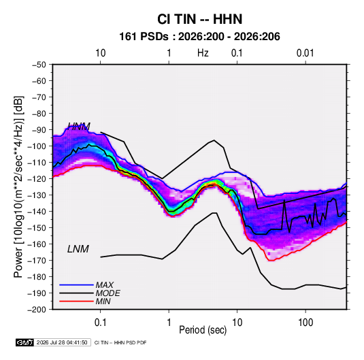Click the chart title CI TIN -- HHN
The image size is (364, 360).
[199, 19]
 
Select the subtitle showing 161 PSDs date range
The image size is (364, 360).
[199, 37]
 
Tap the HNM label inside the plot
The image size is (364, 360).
[79, 127]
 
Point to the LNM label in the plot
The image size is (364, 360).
[78, 249]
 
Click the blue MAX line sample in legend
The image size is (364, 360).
[76, 285]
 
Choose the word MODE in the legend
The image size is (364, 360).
[108, 293]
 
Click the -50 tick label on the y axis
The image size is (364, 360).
[39, 65]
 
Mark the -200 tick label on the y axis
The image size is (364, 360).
[37, 310]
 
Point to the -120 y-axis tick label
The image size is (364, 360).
[37, 179]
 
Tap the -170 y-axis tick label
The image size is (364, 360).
[37, 261]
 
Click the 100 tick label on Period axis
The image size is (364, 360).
[305, 323]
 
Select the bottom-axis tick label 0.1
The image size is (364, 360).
[100, 323]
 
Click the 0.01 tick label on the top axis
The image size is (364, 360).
[305, 53]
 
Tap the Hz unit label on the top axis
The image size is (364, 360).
[203, 53]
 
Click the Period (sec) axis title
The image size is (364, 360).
[203, 330]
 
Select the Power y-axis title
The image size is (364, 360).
[18, 186]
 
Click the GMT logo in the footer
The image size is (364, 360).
[24, 342]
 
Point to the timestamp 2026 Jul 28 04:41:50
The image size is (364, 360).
[62, 342]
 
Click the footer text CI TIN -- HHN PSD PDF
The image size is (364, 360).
[120, 342]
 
